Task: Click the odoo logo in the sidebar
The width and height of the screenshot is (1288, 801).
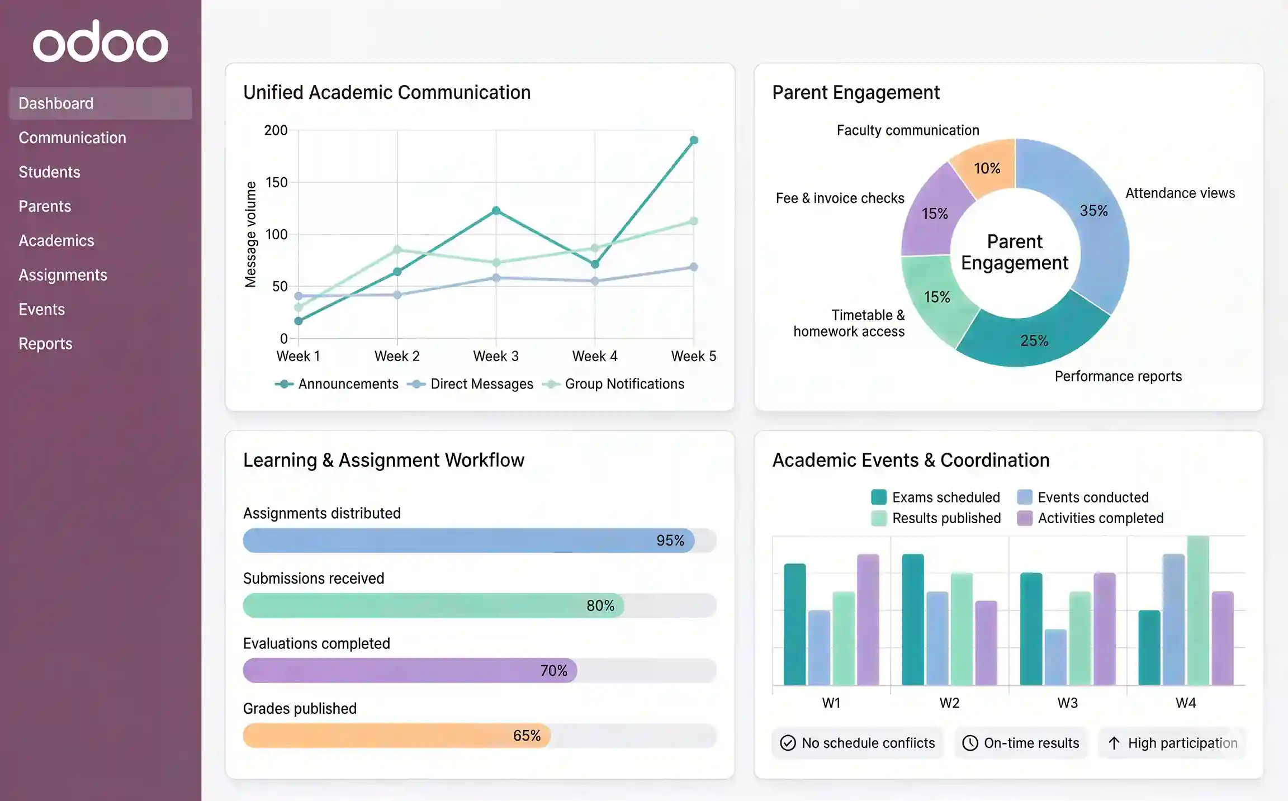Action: click(101, 42)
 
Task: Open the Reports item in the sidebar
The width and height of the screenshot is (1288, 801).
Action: click(45, 344)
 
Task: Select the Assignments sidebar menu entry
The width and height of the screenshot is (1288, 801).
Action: click(63, 275)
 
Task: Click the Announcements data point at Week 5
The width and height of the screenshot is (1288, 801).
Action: click(694, 140)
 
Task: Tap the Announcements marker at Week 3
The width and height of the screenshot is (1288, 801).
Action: click(496, 211)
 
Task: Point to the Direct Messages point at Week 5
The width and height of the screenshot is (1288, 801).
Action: click(694, 267)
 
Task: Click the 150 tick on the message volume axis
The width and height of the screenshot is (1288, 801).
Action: click(276, 182)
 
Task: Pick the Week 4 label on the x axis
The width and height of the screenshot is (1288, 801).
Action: click(595, 356)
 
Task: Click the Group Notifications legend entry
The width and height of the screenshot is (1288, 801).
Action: click(624, 384)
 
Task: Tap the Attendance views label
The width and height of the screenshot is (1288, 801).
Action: click(1180, 193)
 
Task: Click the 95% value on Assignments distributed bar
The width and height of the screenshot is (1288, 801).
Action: click(670, 541)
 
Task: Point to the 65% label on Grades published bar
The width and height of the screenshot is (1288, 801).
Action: click(527, 736)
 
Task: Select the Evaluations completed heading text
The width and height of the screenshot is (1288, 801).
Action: click(316, 643)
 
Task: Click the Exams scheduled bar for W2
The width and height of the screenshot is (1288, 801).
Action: click(913, 619)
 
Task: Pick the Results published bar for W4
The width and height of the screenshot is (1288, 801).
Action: click(1198, 610)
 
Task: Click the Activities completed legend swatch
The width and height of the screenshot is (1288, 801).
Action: click(1025, 518)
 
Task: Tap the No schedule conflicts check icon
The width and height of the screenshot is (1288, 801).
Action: click(788, 743)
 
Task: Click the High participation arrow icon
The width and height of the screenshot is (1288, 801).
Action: click(1114, 743)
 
